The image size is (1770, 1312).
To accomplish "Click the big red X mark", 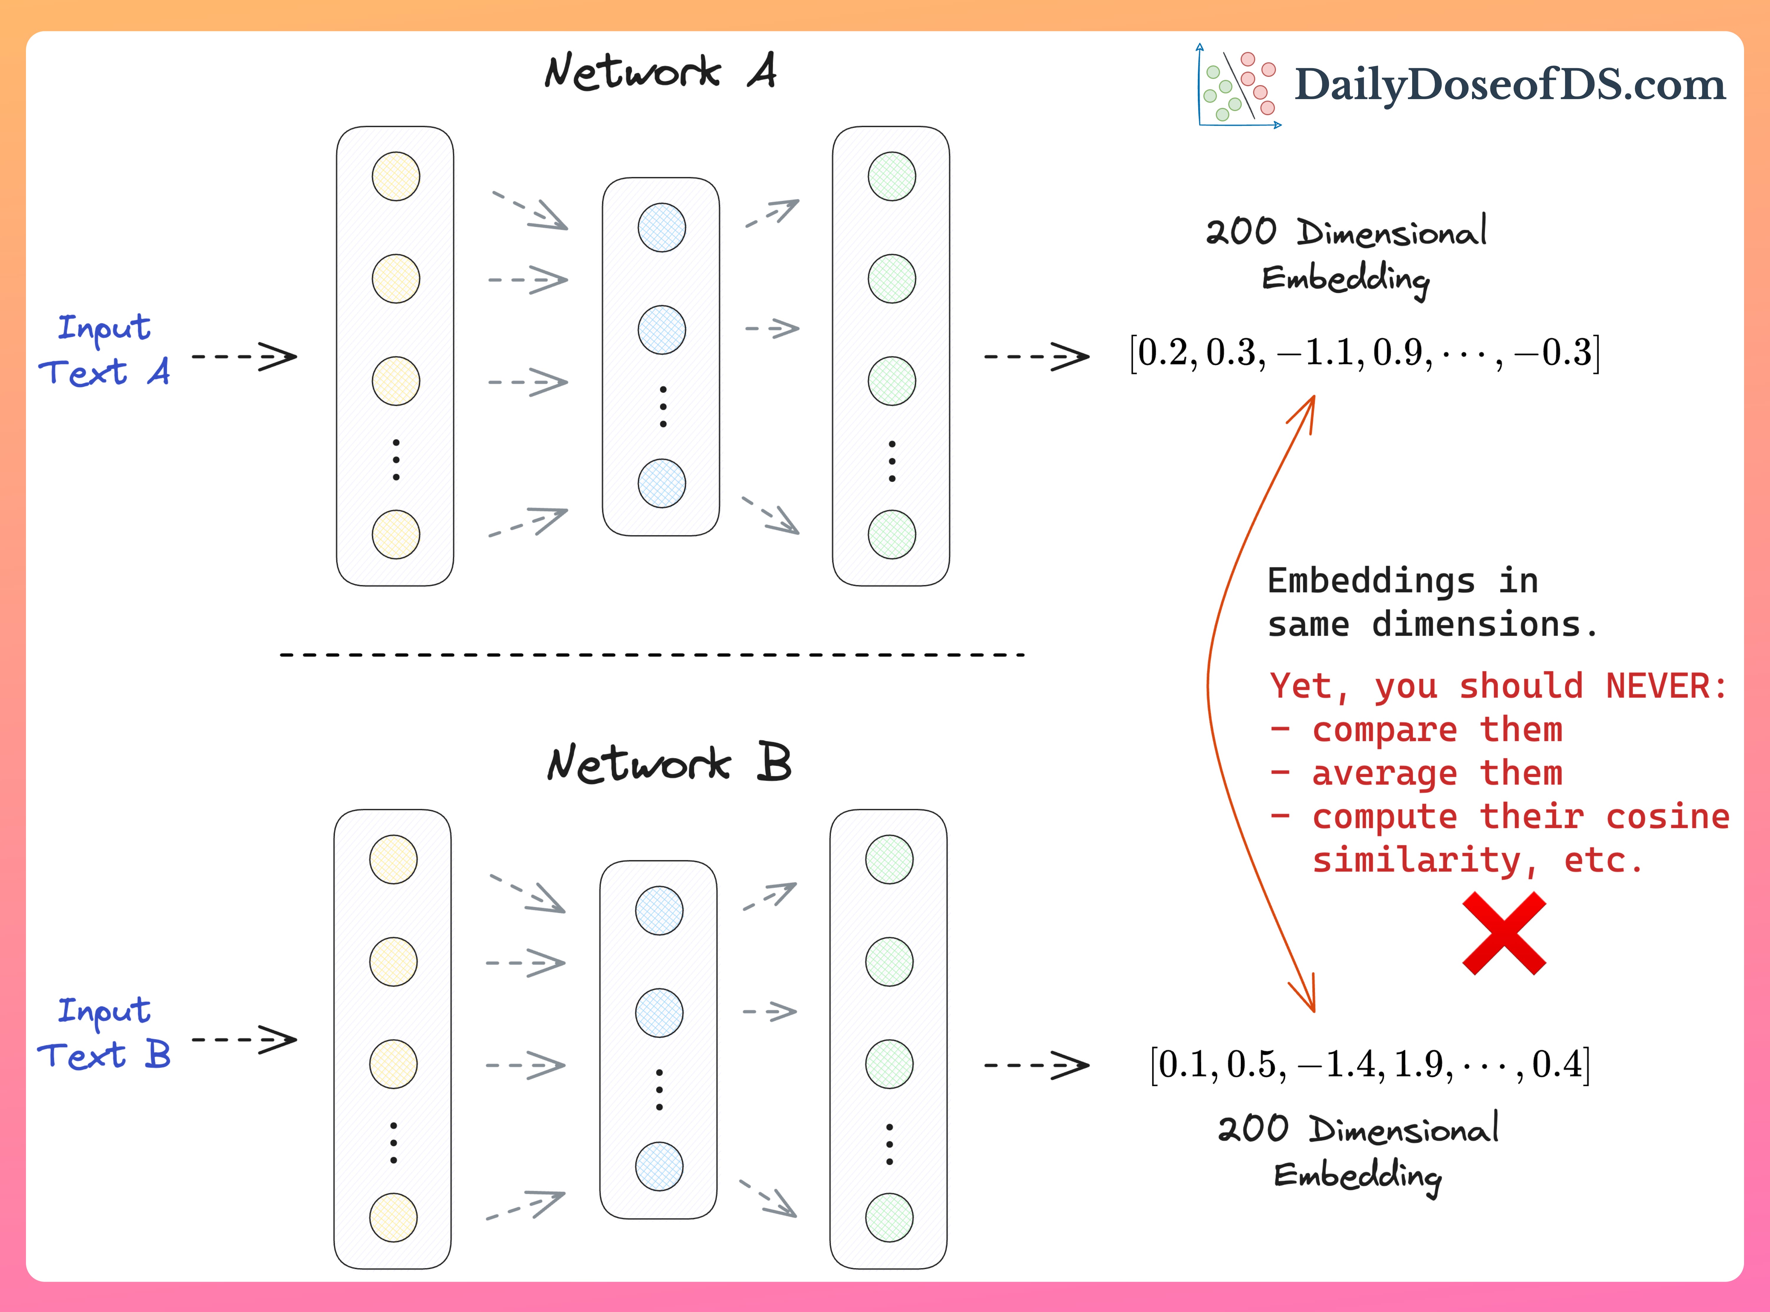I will pyautogui.click(x=1503, y=933).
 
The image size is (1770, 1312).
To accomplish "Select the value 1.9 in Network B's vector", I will pyautogui.click(x=1422, y=1064).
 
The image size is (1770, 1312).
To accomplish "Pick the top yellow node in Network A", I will pyautogui.click(x=396, y=176).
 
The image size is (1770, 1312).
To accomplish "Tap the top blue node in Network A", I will pyautogui.click(x=661, y=228).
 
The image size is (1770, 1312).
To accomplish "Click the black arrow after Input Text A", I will pyautogui.click(x=245, y=357).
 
